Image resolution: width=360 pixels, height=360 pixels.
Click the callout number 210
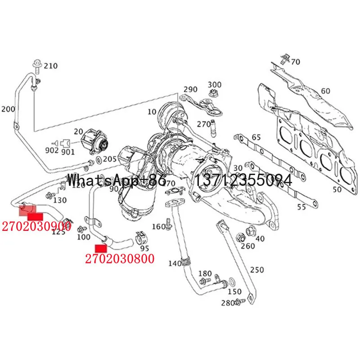(51, 66)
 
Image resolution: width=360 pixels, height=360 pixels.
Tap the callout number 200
(8, 109)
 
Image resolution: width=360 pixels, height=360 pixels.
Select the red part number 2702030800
(119, 258)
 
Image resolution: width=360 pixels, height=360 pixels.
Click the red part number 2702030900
(36, 226)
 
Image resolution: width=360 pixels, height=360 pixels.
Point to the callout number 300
(215, 85)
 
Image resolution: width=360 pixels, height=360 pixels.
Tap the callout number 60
(325, 91)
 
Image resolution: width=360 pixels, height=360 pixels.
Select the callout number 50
(337, 189)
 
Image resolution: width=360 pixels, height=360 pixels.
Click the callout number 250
(257, 270)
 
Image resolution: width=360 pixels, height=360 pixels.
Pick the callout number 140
(175, 263)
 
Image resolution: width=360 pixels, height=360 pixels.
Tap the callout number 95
(144, 248)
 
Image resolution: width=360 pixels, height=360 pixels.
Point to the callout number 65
(256, 137)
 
